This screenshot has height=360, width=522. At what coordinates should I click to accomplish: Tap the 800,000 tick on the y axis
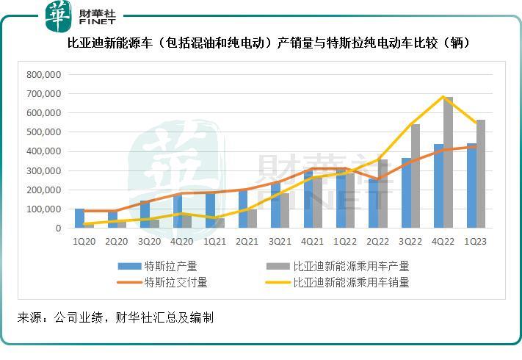(43, 74)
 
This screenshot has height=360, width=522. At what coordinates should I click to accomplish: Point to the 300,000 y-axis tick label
(43, 170)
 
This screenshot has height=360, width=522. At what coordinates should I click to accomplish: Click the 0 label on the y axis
(58, 228)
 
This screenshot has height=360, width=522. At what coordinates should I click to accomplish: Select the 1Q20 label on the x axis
(84, 241)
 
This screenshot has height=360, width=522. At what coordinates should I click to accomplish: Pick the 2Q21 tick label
(248, 241)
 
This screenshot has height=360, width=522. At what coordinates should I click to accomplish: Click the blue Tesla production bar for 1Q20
(79, 218)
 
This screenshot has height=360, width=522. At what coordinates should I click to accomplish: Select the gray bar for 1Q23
(481, 174)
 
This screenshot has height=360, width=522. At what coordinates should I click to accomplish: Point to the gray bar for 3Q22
(416, 176)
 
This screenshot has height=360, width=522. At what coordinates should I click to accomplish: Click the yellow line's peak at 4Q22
(443, 97)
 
